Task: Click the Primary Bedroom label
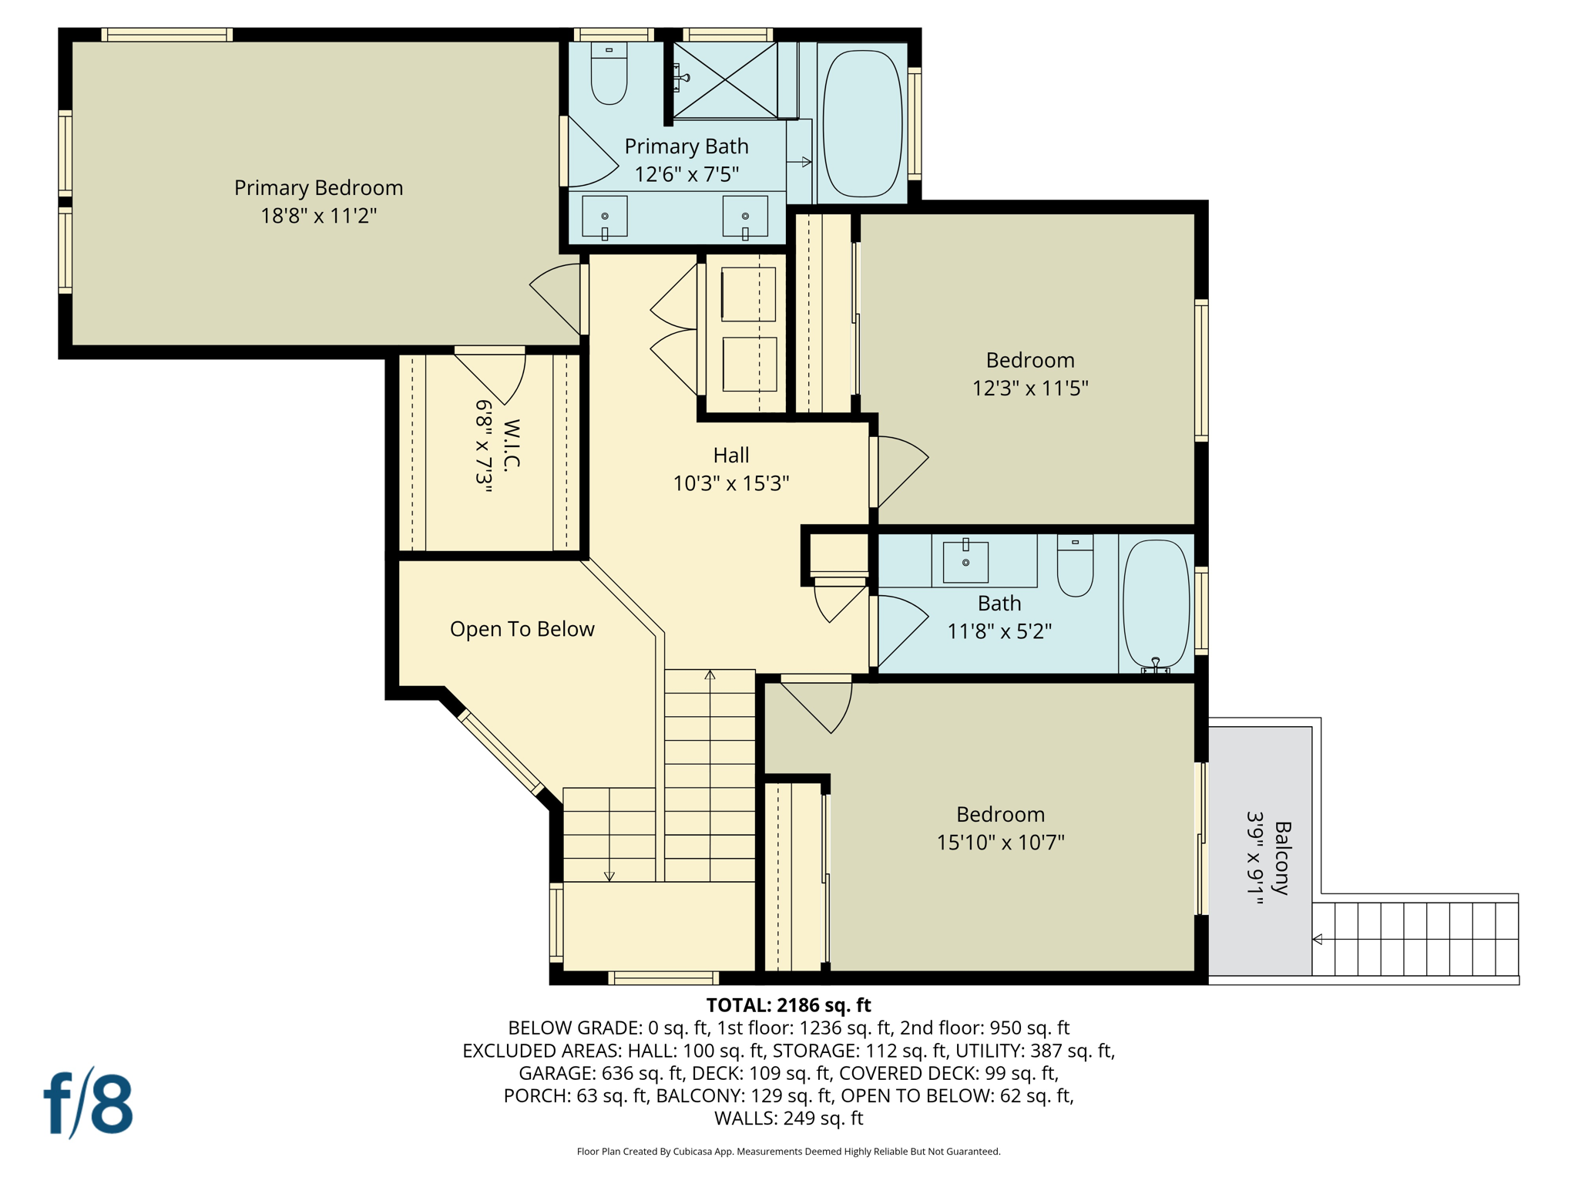point(318,188)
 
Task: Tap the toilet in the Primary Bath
point(609,74)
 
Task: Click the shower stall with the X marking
point(725,80)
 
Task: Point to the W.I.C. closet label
point(512,445)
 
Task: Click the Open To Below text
point(522,629)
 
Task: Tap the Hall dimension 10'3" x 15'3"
point(730,483)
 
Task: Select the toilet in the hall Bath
point(1075,567)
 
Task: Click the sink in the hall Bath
point(965,562)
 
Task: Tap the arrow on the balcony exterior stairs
point(1318,939)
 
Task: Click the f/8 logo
point(88,1104)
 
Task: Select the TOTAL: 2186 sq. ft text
point(788,1005)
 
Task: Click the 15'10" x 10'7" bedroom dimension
point(1000,843)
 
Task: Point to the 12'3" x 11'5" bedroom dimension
point(1029,388)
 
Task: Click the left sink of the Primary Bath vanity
point(604,217)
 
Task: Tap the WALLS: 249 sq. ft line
point(788,1118)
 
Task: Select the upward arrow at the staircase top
point(710,675)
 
